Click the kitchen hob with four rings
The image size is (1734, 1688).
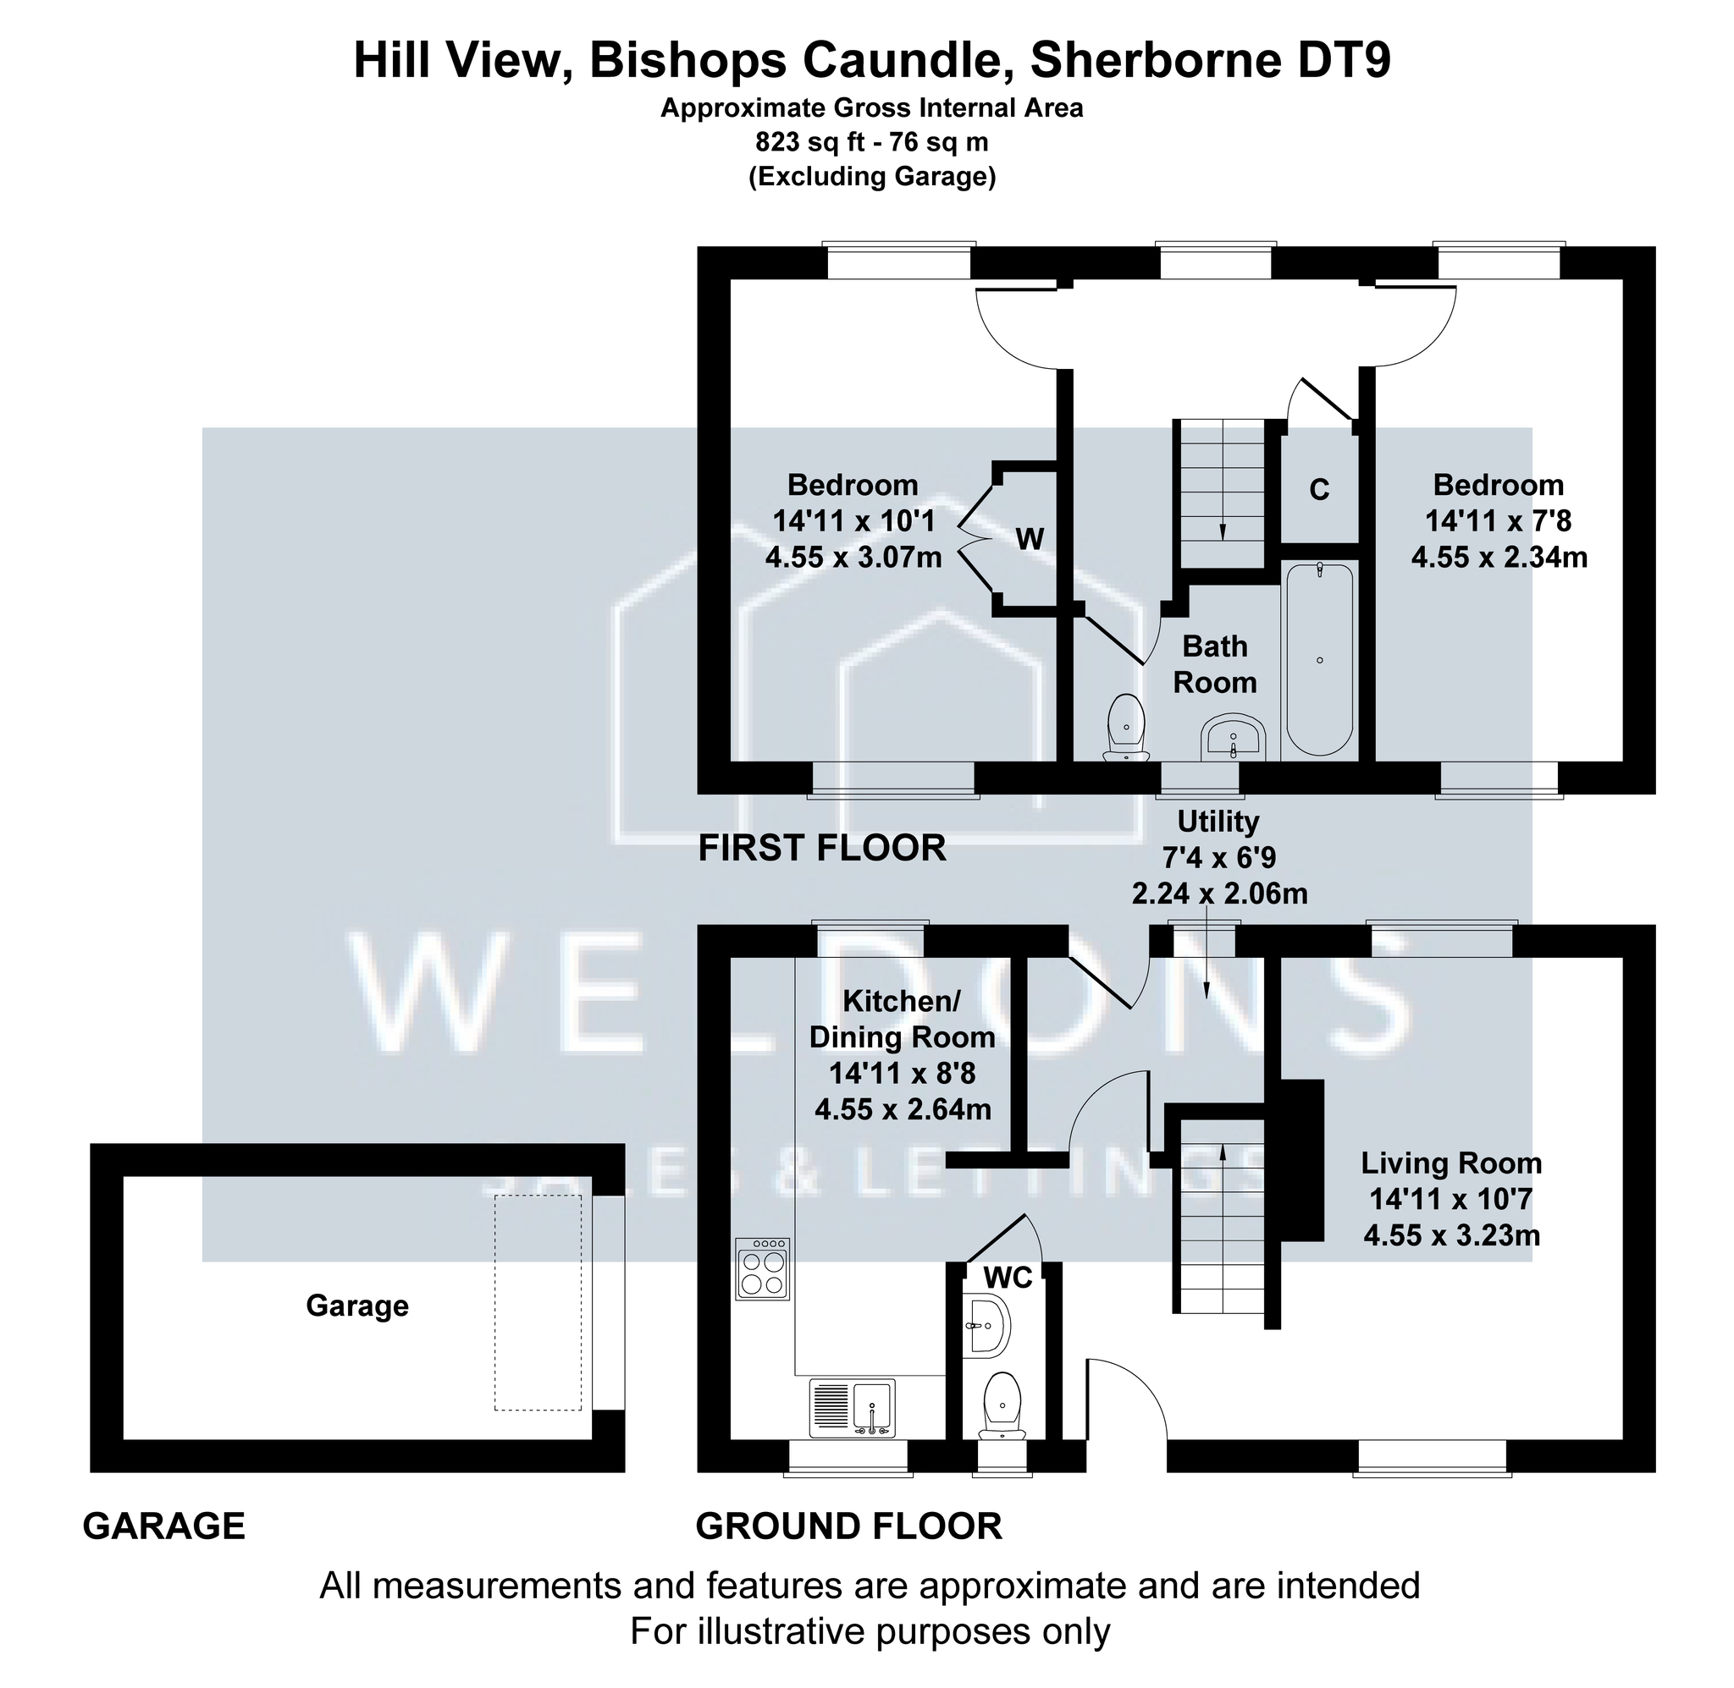tap(762, 1269)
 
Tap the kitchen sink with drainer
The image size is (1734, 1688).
tap(852, 1408)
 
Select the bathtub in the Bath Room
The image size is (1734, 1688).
tap(1320, 659)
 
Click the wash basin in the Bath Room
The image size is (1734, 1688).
tap(1233, 737)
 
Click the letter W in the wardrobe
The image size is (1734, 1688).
tap(1029, 538)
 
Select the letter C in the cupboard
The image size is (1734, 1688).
tap(1319, 489)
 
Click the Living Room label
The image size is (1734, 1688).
tap(1451, 1163)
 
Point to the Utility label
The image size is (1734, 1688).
tap(1218, 821)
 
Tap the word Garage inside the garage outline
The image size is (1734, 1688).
tap(357, 1306)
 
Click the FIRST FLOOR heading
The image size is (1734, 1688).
tap(822, 849)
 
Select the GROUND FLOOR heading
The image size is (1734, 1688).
tap(849, 1526)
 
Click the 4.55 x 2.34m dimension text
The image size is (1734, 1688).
tap(1499, 557)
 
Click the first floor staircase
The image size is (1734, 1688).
tap(1223, 494)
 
